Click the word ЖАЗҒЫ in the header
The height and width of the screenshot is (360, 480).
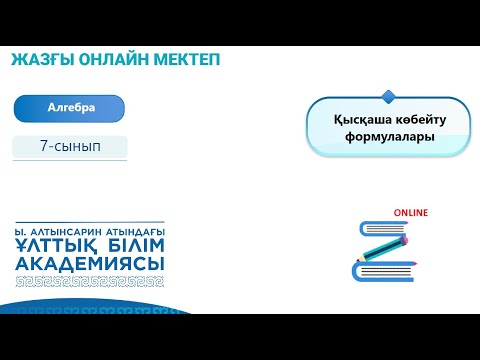(43, 60)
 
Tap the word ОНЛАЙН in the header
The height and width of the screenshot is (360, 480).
(114, 60)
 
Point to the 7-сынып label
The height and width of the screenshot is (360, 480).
(70, 146)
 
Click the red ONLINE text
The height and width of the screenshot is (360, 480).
(410, 213)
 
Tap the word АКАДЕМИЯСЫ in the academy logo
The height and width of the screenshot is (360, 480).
(90, 263)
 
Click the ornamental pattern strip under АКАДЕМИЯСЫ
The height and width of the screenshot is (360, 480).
(90, 279)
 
